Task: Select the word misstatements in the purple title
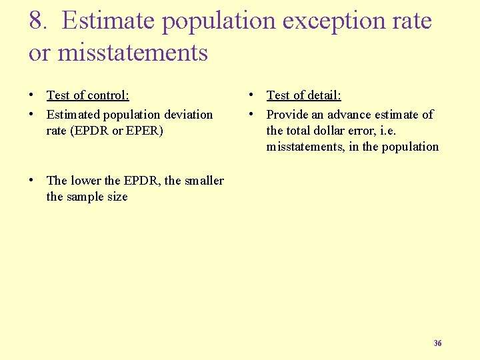click(133, 53)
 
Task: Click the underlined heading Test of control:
click(87, 96)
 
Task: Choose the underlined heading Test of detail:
click(303, 96)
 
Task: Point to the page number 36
click(437, 343)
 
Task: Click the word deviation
click(189, 115)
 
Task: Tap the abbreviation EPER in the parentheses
click(145, 131)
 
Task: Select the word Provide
click(287, 115)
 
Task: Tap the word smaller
click(203, 181)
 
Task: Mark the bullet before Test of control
click(32, 96)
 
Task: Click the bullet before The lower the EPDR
click(32, 181)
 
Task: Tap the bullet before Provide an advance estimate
click(252, 115)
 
